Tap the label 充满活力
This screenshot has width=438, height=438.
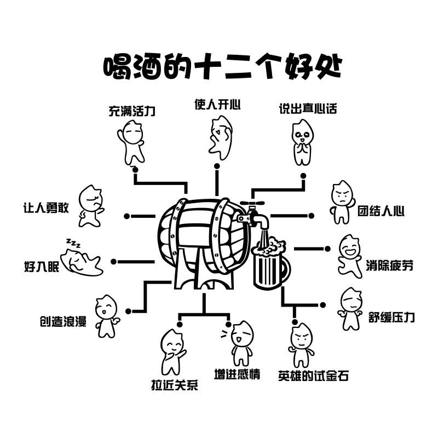pyautogui.click(x=132, y=112)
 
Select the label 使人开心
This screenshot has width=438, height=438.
pyautogui.click(x=217, y=104)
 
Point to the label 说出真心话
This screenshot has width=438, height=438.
pyautogui.click(x=308, y=108)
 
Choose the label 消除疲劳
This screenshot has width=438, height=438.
pyautogui.click(x=390, y=267)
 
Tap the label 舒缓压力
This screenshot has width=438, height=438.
pyautogui.click(x=391, y=318)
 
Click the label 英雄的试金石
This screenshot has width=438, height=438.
pyautogui.click(x=313, y=376)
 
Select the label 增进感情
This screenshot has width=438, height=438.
pyautogui.click(x=237, y=374)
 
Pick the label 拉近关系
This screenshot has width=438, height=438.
pyautogui.click(x=174, y=385)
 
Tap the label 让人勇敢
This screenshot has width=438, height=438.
pyautogui.click(x=47, y=208)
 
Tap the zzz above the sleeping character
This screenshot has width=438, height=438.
pyautogui.click(x=73, y=243)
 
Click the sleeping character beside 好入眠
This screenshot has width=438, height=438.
pyautogui.click(x=82, y=261)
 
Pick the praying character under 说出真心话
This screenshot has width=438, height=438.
pyautogui.click(x=301, y=142)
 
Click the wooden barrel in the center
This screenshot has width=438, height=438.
pyautogui.click(x=200, y=241)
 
